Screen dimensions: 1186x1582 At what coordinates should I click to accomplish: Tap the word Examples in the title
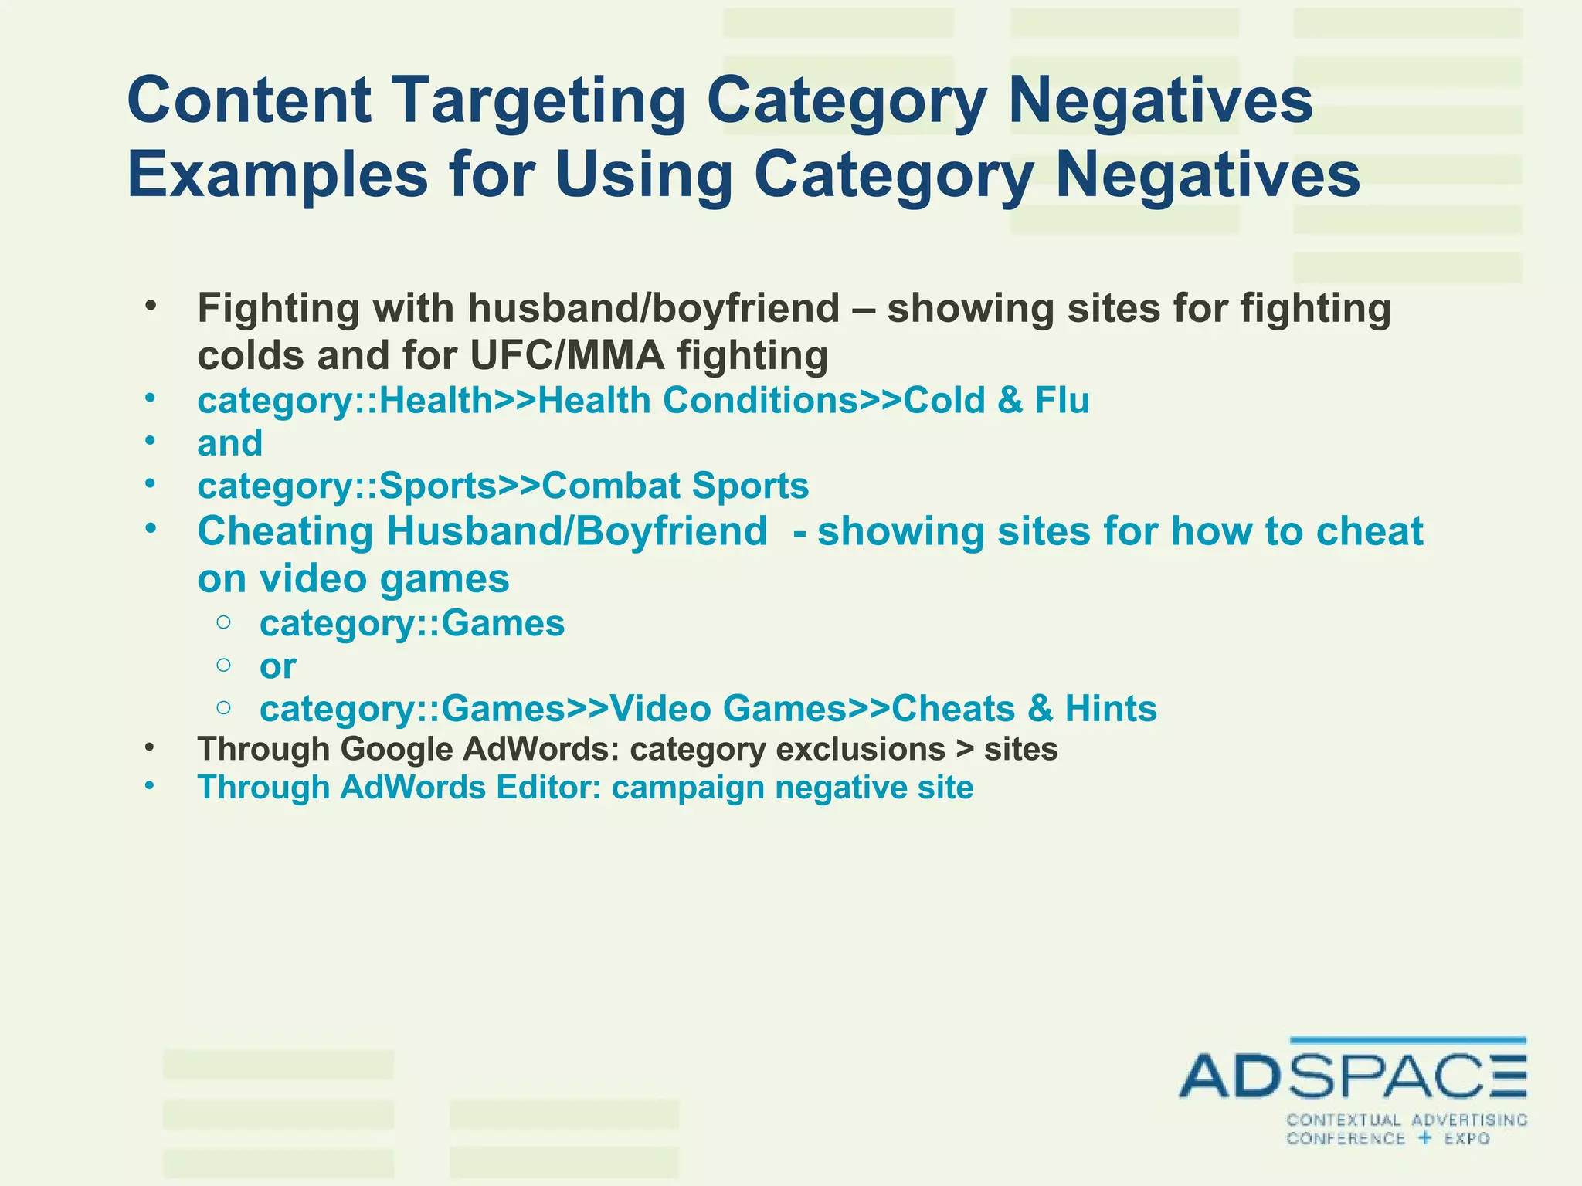pyautogui.click(x=277, y=175)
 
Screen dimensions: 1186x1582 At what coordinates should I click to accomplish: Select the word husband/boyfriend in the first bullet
pyautogui.click(x=653, y=308)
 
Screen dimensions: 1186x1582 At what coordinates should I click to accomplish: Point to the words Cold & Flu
pyautogui.click(x=996, y=401)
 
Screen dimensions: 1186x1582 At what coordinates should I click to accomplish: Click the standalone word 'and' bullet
pyautogui.click(x=229, y=443)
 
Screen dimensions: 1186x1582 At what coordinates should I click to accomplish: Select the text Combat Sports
pyautogui.click(x=675, y=486)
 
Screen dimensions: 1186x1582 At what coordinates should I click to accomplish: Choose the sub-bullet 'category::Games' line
pyautogui.click(x=412, y=623)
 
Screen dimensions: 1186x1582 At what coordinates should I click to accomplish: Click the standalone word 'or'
pyautogui.click(x=277, y=666)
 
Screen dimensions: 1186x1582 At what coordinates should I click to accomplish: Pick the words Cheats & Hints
pyautogui.click(x=1024, y=709)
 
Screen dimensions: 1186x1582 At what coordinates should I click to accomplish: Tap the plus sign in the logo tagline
pyautogui.click(x=1424, y=1137)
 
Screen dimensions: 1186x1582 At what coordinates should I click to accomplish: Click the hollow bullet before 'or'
pyautogui.click(x=223, y=665)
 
